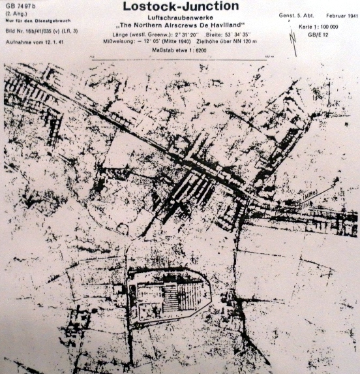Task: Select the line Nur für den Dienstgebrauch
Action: click(30, 20)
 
